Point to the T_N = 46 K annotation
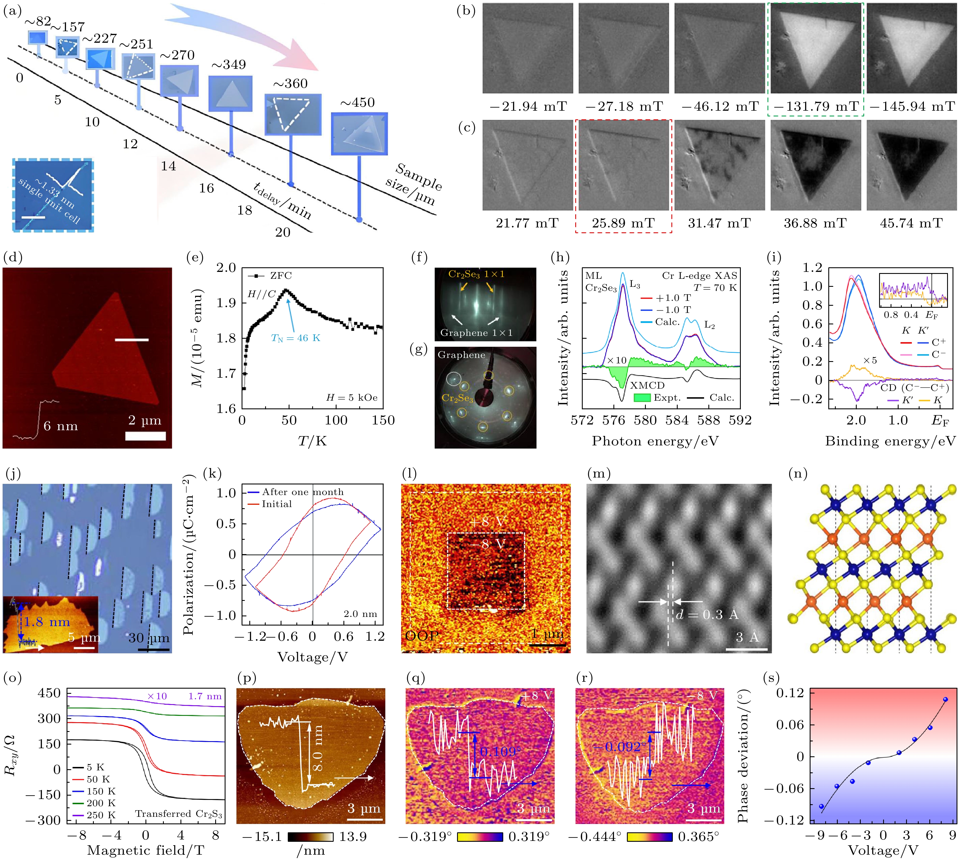click(x=296, y=338)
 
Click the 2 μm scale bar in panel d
click(x=145, y=436)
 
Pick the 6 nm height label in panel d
click(x=61, y=426)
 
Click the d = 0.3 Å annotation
click(x=707, y=615)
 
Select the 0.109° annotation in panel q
click(x=501, y=752)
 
